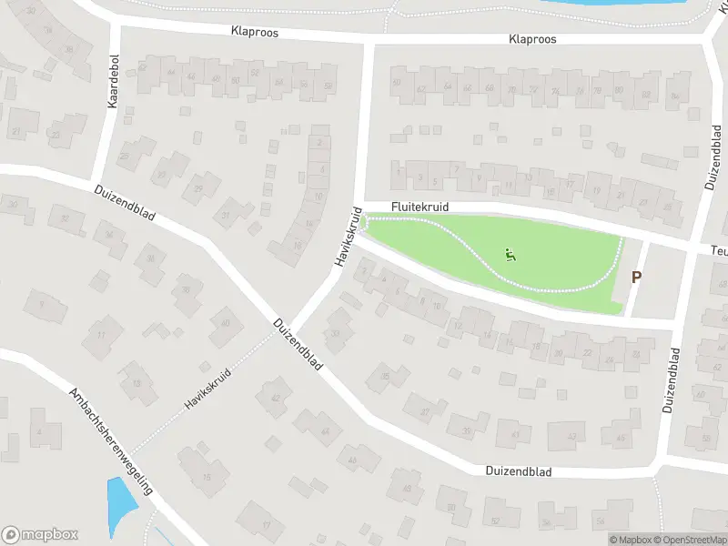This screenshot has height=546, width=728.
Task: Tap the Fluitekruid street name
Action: click(420, 207)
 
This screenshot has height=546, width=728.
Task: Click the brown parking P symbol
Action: click(636, 278)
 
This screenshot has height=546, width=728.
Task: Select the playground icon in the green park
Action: click(511, 256)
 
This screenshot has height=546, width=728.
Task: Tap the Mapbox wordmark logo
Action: click(40, 535)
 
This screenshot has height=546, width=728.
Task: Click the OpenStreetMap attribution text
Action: click(687, 540)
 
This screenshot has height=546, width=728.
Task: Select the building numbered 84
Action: click(674, 96)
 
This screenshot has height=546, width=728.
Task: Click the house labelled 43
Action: click(515, 435)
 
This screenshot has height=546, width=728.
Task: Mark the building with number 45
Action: click(622, 438)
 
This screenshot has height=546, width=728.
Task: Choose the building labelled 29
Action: click(198, 188)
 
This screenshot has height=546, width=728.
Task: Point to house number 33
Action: click(337, 334)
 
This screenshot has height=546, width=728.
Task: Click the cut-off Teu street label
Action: click(719, 248)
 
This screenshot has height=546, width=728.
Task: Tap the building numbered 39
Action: click(466, 430)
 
